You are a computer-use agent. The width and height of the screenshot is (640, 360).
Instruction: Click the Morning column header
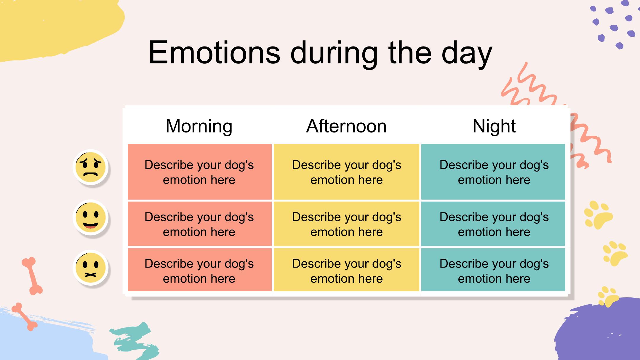click(199, 126)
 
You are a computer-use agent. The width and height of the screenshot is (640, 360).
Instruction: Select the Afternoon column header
click(346, 126)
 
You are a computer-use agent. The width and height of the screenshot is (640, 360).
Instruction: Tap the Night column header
click(494, 126)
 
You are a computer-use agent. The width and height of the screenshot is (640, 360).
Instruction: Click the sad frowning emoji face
click(91, 167)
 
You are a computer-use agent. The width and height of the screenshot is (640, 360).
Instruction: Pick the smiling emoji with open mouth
click(91, 217)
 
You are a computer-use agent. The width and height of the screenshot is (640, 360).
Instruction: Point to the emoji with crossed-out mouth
click(91, 268)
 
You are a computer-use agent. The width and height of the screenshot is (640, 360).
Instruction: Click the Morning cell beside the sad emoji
click(200, 172)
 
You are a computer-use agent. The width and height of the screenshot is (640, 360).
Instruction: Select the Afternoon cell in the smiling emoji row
click(346, 224)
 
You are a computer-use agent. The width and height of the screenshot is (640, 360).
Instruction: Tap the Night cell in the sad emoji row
click(493, 172)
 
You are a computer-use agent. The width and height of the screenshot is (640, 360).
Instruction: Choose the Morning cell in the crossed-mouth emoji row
click(200, 270)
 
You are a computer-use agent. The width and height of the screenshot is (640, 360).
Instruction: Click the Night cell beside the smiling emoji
click(493, 224)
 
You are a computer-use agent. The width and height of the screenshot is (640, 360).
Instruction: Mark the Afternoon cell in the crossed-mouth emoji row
click(346, 270)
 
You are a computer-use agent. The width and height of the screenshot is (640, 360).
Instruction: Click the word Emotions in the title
click(214, 52)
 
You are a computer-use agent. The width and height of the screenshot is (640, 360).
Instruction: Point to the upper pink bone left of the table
click(32, 276)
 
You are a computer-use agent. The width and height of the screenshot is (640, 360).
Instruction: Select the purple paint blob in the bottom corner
click(599, 330)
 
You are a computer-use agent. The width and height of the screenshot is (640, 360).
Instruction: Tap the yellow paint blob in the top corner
click(59, 28)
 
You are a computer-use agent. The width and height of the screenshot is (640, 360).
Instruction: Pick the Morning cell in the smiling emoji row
click(200, 224)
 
